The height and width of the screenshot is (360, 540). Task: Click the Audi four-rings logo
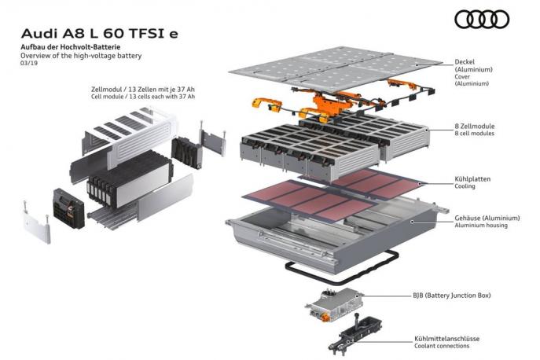click(482, 19)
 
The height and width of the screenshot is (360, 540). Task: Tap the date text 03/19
click(28, 65)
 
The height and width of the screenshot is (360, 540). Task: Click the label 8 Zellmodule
click(475, 126)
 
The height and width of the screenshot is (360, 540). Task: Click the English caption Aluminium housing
click(481, 226)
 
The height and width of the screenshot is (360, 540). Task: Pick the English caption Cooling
click(465, 187)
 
